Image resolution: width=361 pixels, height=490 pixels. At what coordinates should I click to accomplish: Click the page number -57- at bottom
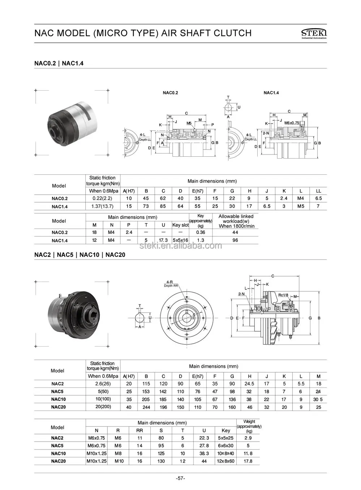point(180,478)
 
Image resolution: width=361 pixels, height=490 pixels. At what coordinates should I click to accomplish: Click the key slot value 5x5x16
point(180,240)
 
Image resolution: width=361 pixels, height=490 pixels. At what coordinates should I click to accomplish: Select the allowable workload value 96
point(235,240)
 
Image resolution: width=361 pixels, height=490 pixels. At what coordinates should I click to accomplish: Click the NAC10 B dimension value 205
point(146,399)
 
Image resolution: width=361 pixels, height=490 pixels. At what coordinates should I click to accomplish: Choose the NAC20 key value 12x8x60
point(225,461)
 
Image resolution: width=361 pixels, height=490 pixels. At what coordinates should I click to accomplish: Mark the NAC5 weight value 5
point(248,446)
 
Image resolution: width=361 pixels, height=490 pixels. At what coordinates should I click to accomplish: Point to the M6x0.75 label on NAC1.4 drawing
point(291,123)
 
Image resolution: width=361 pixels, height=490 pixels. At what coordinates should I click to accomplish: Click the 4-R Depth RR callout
point(170,283)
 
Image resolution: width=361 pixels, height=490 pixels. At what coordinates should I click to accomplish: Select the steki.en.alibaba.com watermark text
point(181,246)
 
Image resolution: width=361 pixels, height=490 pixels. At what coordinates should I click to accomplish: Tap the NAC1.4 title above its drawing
point(271,93)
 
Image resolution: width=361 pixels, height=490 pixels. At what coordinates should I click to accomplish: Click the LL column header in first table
point(318,191)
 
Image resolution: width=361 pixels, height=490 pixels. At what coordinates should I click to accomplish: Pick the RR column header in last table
point(139,430)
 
